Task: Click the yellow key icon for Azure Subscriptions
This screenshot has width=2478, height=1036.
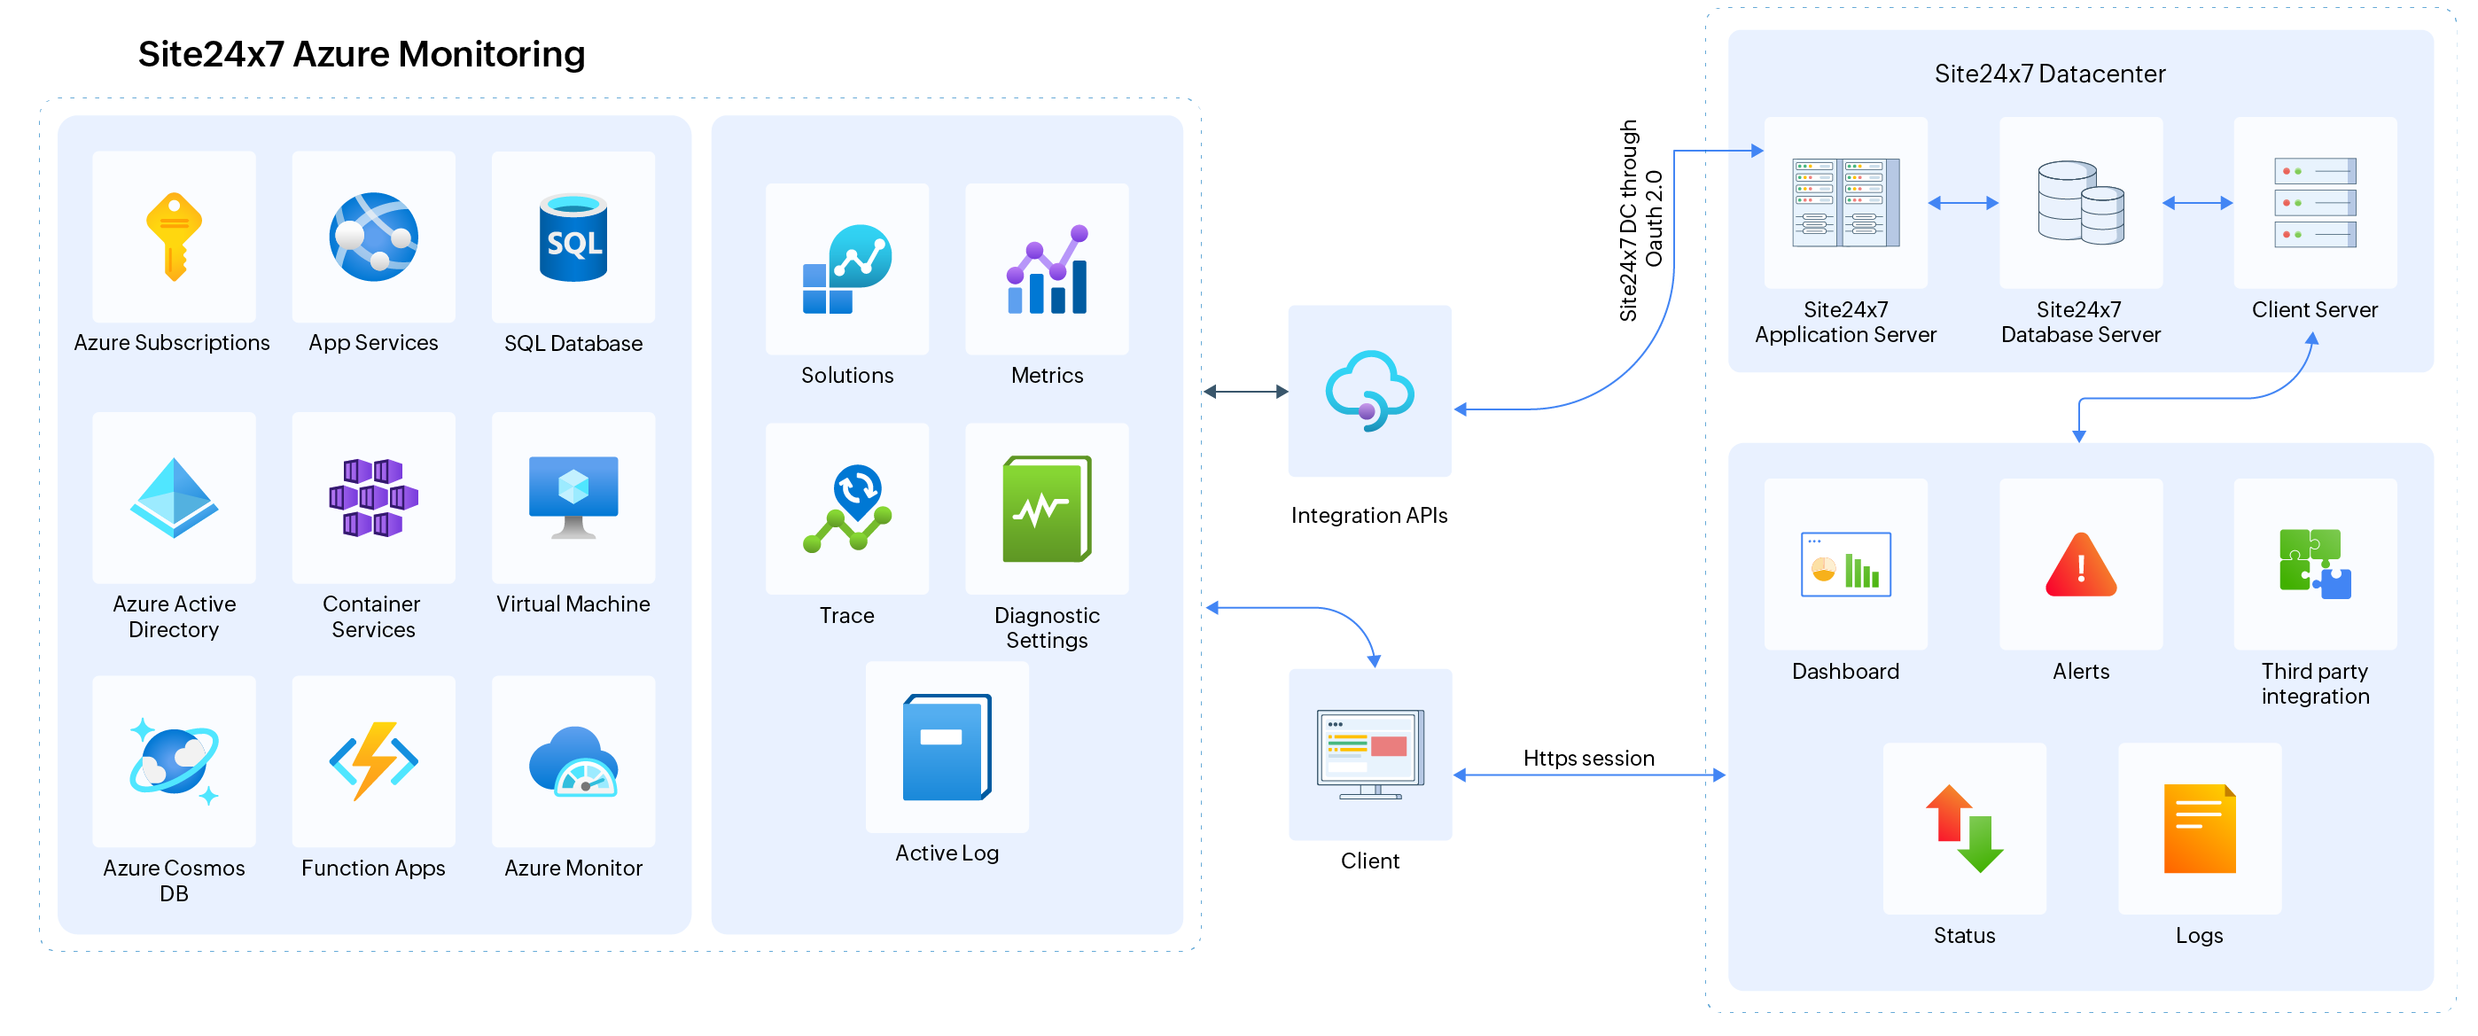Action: coord(174,237)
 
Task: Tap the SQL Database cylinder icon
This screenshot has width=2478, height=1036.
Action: coord(573,238)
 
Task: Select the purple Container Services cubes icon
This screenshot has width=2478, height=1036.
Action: coord(373,497)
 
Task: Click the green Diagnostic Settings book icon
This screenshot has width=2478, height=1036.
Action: coord(1047,509)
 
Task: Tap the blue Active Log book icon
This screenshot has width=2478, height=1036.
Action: coord(947,747)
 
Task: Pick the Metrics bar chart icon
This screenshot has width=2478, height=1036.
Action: coord(1047,270)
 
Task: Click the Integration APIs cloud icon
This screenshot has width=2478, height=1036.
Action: coord(1370,391)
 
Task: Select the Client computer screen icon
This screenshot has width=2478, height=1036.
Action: coord(1370,754)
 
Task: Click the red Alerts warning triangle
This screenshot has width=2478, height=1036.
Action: coord(2081,565)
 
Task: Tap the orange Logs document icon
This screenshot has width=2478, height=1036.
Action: coord(2199,829)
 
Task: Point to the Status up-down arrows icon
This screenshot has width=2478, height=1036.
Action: coord(1964,829)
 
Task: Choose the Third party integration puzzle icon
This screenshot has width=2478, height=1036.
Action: coord(2314,565)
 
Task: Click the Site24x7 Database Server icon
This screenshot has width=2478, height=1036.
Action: coord(2081,203)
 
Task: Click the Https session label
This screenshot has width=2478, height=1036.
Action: coord(1588,758)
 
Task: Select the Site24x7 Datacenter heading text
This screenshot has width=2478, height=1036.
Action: coord(2049,74)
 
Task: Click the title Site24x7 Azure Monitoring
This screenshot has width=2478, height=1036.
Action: coord(361,54)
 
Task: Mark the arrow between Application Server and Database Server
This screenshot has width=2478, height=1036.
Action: coord(1963,203)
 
